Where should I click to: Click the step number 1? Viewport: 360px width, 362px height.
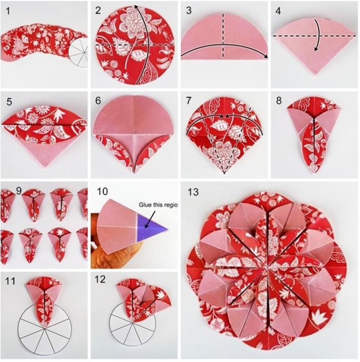[8, 11]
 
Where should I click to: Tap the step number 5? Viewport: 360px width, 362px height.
[9, 102]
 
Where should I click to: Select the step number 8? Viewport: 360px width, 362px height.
[278, 100]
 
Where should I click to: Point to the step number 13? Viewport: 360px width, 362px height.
[193, 192]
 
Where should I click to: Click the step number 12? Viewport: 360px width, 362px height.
[100, 279]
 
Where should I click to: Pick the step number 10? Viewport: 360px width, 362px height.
[102, 191]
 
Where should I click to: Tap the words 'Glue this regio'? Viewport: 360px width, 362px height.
[158, 205]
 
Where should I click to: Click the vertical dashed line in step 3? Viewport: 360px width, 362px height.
[223, 35]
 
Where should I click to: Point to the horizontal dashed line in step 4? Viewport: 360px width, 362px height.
[315, 36]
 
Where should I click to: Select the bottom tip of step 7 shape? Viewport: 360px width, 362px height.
[224, 174]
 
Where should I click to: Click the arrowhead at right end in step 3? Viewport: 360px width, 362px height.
[266, 57]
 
